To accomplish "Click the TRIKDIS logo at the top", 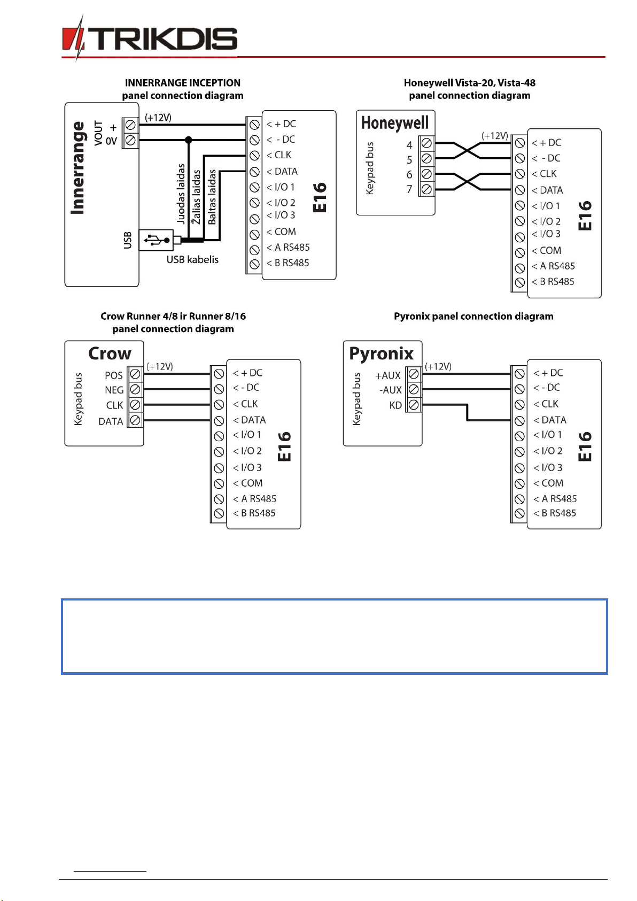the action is (x=150, y=38).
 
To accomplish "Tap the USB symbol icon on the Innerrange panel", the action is (x=157, y=240).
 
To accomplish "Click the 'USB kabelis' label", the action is (x=192, y=259).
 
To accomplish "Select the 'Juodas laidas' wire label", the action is (x=181, y=194).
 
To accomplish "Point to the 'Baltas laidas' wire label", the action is (x=212, y=197).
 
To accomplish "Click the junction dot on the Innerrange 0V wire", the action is (x=189, y=140).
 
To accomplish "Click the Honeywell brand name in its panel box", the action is (x=395, y=122).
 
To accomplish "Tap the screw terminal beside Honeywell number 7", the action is (x=426, y=189).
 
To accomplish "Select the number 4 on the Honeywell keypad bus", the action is (x=409, y=145).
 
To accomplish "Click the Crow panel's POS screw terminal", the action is (x=135, y=374).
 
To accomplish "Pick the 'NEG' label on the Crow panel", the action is (x=114, y=390).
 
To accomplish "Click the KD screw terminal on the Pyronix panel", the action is (x=414, y=405).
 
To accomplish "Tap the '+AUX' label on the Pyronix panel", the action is (x=388, y=375).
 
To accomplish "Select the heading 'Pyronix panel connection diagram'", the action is (x=473, y=316).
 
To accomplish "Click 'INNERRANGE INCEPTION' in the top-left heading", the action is (x=182, y=83).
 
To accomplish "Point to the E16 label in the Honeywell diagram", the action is (x=585, y=215).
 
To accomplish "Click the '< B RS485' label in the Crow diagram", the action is (x=254, y=513).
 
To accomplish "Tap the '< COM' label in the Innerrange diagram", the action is (x=281, y=232).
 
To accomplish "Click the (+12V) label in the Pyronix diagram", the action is (x=438, y=366).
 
